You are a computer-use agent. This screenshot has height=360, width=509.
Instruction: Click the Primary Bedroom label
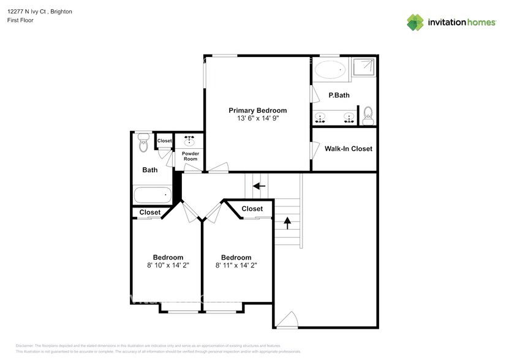(257, 111)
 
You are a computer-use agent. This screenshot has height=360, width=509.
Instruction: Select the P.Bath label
(339, 95)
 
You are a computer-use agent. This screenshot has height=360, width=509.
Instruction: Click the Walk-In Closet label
(348, 149)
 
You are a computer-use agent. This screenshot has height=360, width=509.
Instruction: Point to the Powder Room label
(190, 156)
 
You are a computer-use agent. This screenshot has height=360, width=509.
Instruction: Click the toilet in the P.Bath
(368, 113)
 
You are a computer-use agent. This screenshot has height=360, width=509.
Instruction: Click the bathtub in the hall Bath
(152, 196)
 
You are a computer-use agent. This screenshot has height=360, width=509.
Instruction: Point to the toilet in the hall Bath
(143, 143)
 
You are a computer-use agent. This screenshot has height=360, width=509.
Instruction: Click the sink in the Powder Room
(190, 140)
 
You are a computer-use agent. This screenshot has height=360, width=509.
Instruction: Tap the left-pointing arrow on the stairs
(260, 186)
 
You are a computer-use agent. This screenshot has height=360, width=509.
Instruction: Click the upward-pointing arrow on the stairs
(287, 223)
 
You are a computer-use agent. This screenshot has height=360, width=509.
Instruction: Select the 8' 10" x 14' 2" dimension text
(168, 266)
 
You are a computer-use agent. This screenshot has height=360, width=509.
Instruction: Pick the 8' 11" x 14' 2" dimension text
(236, 266)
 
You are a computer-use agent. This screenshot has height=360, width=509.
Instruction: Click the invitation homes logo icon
(416, 22)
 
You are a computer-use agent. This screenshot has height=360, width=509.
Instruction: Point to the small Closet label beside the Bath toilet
(164, 141)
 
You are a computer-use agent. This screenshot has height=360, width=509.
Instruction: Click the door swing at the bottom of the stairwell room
(286, 319)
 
